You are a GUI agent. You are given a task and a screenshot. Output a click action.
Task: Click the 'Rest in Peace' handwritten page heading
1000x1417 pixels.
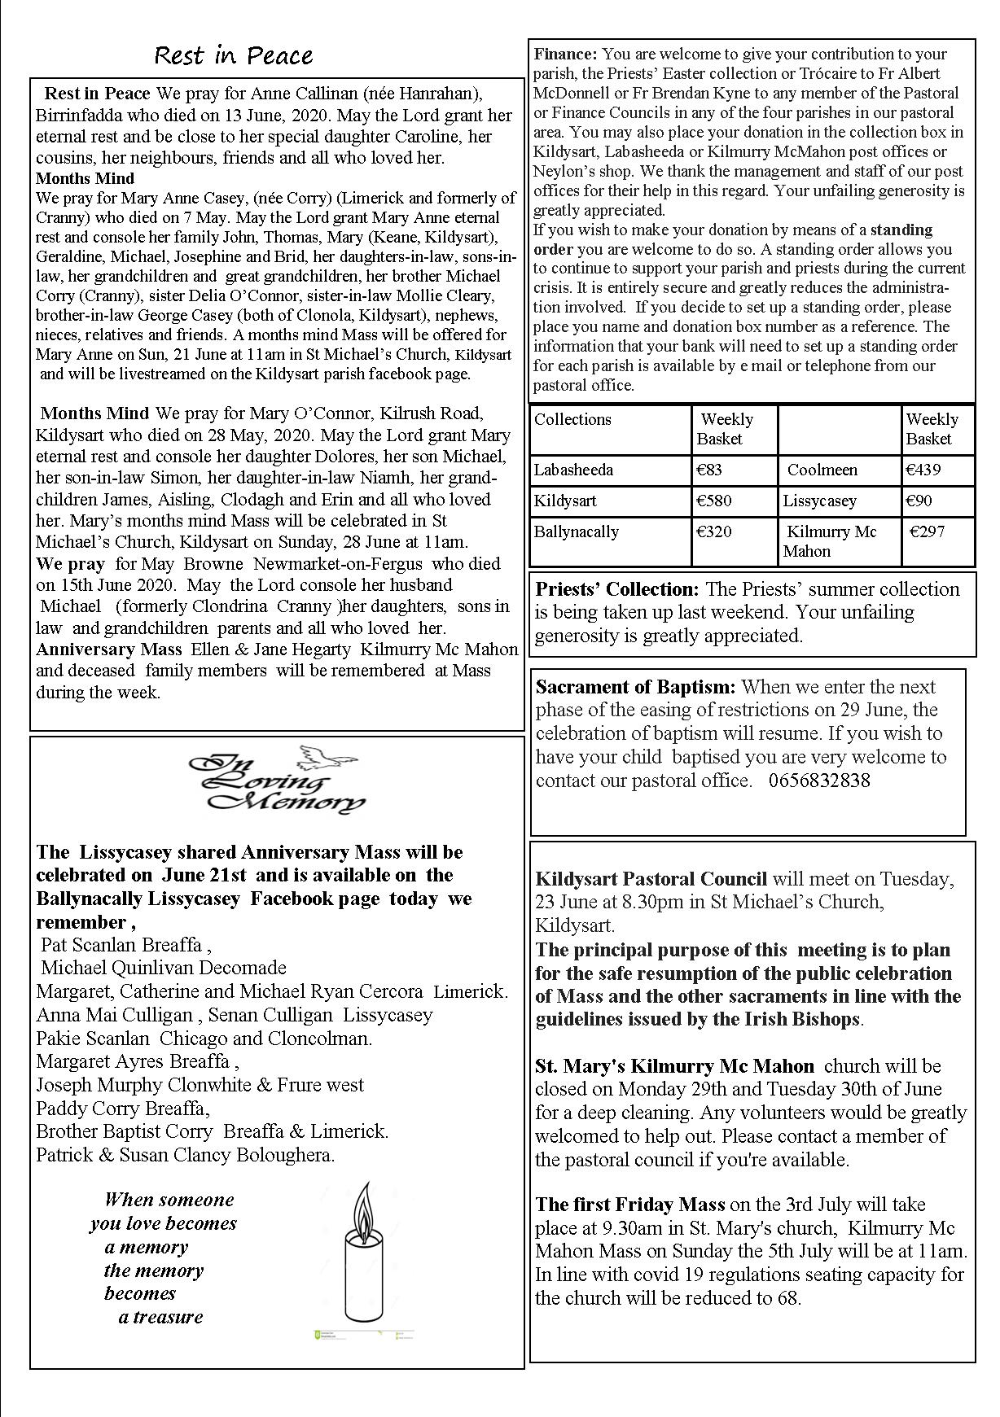click(x=233, y=55)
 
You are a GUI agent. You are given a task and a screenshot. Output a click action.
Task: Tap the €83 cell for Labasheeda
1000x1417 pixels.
click(x=709, y=470)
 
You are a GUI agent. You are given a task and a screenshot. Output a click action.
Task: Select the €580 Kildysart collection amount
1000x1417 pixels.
click(x=714, y=501)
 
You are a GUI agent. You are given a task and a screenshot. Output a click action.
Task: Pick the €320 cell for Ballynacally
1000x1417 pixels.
click(x=714, y=531)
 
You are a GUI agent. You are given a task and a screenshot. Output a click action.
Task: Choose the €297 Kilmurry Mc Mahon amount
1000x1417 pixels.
click(x=928, y=531)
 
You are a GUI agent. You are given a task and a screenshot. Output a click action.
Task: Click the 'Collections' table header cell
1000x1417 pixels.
click(x=572, y=419)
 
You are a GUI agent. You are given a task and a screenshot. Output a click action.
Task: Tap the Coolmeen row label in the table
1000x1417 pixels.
click(x=822, y=470)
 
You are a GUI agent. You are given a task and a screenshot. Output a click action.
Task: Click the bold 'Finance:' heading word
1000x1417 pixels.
click(x=566, y=55)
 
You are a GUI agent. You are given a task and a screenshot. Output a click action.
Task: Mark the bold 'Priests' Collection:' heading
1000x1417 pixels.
click(x=616, y=589)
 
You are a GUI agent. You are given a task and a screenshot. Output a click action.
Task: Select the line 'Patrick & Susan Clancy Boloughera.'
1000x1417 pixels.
click(x=186, y=1155)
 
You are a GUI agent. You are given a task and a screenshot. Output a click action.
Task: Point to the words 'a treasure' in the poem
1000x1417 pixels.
click(x=160, y=1317)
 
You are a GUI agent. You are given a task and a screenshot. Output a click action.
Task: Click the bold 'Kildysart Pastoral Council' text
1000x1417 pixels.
click(x=651, y=879)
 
